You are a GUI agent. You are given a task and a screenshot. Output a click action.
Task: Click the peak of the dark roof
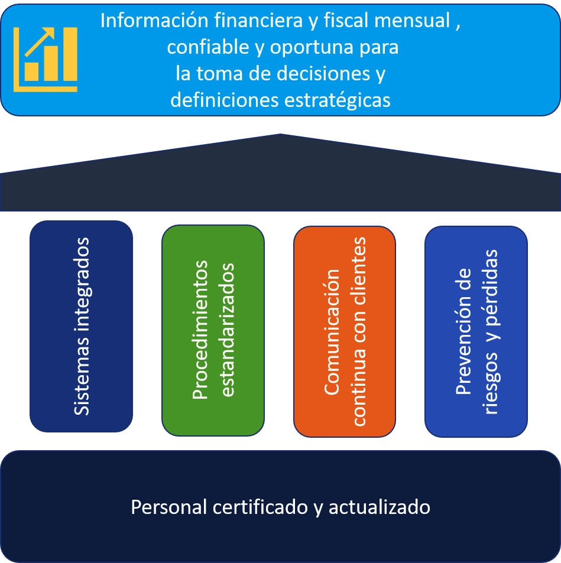(280, 135)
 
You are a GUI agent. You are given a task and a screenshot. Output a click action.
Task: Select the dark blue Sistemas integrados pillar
(82, 326)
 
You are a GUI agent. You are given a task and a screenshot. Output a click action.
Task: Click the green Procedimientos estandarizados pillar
(213, 330)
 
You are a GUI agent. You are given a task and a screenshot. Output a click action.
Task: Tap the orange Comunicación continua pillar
(345, 331)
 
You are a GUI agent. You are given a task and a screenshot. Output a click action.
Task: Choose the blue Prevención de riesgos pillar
(476, 331)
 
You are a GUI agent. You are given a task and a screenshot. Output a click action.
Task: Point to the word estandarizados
(228, 330)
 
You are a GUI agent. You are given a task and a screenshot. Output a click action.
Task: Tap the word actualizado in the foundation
(380, 507)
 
